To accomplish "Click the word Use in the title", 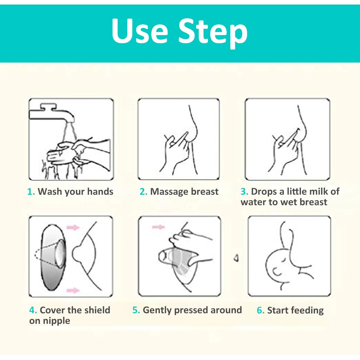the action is click(140, 31).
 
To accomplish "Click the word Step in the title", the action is click(213, 33).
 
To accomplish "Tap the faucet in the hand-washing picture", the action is click(52, 114).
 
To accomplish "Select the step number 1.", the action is click(31, 192).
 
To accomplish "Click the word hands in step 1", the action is click(100, 192).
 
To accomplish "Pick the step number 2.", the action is click(143, 192).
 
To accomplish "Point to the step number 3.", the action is click(244, 192).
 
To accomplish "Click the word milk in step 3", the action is click(317, 191).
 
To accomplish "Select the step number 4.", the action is click(33, 310).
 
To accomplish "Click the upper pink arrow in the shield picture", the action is click(73, 227).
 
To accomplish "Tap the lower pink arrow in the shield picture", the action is click(73, 290).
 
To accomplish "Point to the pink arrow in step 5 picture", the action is click(159, 227).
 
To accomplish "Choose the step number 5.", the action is click(136, 310).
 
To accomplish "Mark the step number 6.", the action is click(261, 310).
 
